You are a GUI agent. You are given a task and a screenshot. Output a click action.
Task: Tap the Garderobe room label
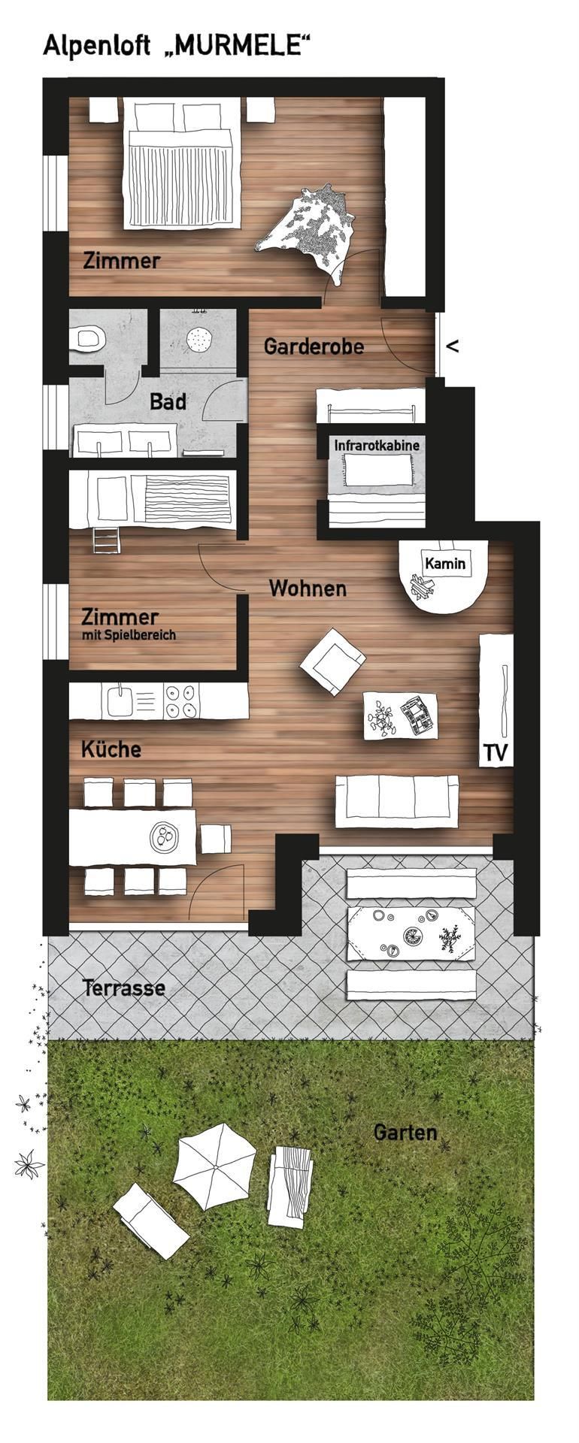[x=314, y=346]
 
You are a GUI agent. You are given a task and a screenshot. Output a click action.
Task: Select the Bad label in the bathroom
[x=168, y=401]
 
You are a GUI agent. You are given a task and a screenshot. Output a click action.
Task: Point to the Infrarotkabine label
[x=377, y=446]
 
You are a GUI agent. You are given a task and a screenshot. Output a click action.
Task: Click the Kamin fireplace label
[x=445, y=563]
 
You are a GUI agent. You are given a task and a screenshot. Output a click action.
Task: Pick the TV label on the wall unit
[x=496, y=752]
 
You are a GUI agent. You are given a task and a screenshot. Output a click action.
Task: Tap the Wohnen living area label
[x=308, y=588]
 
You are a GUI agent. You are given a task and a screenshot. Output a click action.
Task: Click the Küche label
[x=111, y=749]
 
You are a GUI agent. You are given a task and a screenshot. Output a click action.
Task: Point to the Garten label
[x=405, y=1132]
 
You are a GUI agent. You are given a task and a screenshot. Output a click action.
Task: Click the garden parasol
[x=215, y=1166]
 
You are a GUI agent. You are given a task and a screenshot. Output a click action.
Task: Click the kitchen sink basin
[x=119, y=701]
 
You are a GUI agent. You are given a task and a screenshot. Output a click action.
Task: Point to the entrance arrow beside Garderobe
[x=453, y=346]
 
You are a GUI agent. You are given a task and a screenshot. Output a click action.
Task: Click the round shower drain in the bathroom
[x=198, y=340]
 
